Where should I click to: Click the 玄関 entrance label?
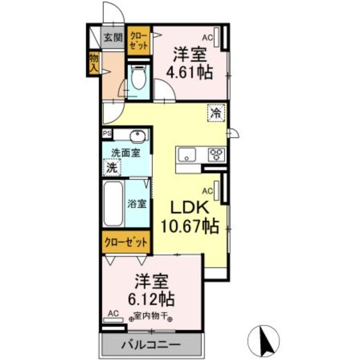113,38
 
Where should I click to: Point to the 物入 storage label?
93,64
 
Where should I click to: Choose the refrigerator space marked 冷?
216,113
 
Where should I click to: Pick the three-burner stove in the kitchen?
217,154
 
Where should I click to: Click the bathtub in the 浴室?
113,204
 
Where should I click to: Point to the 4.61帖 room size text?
190,73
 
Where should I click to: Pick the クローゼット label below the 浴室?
125,242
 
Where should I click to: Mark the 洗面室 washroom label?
126,153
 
